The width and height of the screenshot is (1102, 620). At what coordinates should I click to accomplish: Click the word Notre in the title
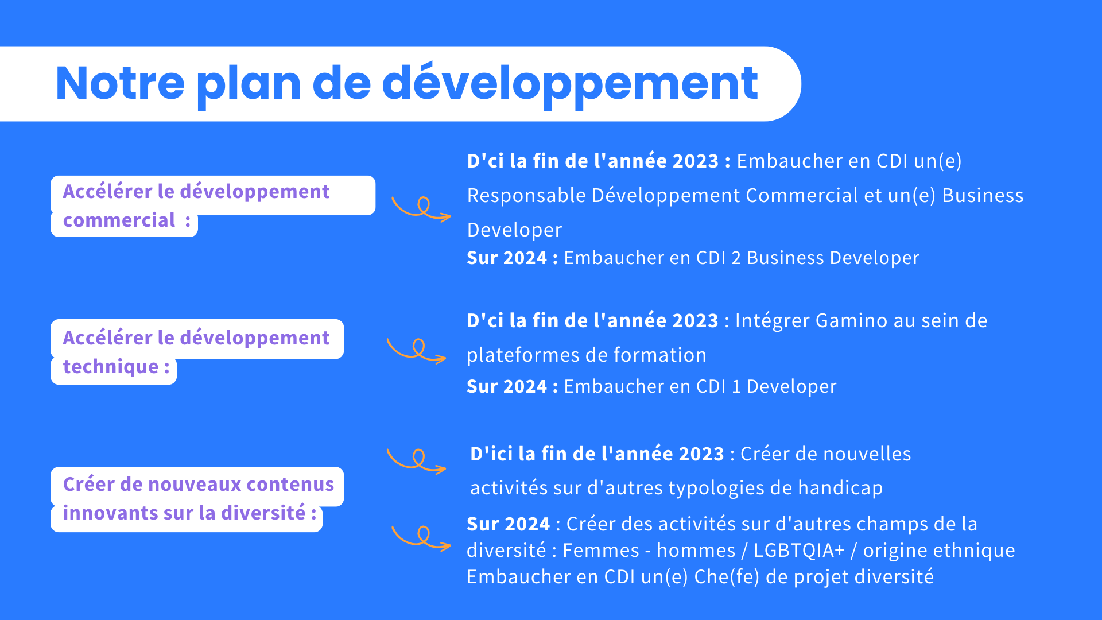click(x=120, y=83)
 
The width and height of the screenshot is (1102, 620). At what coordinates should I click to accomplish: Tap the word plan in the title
click(x=249, y=86)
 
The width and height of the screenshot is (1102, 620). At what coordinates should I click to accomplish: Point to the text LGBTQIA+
click(x=799, y=551)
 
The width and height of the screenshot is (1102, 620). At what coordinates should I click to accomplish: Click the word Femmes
click(x=600, y=551)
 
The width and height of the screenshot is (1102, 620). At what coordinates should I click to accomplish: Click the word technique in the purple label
click(x=111, y=367)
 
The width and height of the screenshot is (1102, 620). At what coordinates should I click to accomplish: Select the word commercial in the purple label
click(x=119, y=220)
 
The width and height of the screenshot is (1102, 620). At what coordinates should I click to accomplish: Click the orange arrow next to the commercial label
click(x=421, y=208)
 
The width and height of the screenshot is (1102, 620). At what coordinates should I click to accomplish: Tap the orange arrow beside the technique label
click(x=417, y=350)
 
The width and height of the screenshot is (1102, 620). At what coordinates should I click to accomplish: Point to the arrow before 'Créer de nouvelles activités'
click(x=417, y=461)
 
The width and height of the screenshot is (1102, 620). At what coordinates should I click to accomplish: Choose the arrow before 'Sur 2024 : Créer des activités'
click(x=421, y=538)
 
